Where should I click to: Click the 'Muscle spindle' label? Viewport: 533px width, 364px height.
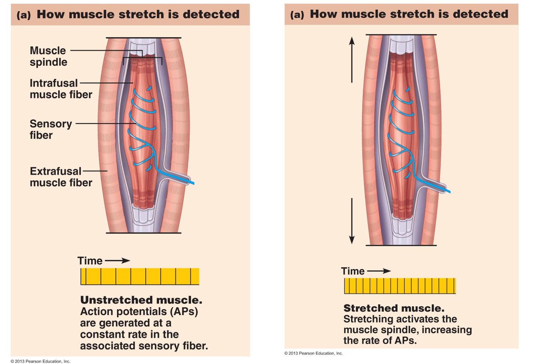pyautogui.click(x=48, y=56)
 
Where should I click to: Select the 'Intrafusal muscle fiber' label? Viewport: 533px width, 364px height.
pyautogui.click(x=60, y=88)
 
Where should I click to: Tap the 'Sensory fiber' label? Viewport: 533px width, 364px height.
pyautogui.click(x=50, y=129)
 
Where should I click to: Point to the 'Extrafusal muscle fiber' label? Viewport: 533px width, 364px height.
pyautogui.click(x=60, y=177)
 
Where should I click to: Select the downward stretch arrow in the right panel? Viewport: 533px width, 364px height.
pyautogui.click(x=351, y=221)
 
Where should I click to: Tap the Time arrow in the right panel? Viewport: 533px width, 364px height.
pyautogui.click(x=378, y=271)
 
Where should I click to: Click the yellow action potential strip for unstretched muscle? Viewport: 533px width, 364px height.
pyautogui.click(x=140, y=277)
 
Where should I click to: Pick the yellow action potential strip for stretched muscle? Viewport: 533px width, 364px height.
pyautogui.click(x=400, y=286)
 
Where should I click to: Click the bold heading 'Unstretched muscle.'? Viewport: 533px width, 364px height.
pyautogui.click(x=141, y=300)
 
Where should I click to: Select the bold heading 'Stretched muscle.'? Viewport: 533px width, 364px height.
pyautogui.click(x=394, y=308)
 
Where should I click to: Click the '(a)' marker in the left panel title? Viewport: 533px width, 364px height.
pyautogui.click(x=24, y=15)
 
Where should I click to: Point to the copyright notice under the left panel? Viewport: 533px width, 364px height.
pyautogui.click(x=41, y=361)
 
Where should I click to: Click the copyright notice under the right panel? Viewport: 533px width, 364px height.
pyautogui.click(x=314, y=353)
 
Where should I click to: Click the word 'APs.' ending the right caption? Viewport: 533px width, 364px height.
pyautogui.click(x=405, y=340)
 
